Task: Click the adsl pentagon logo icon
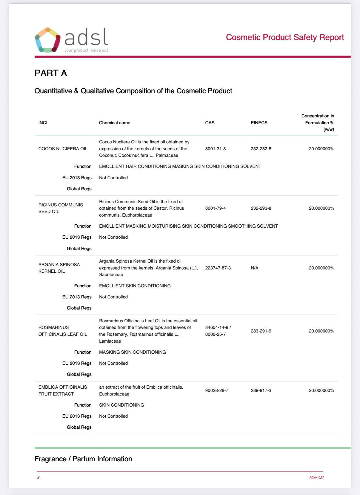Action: point(47,40)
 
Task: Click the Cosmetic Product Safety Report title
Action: point(285,37)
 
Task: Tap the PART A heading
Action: point(51,73)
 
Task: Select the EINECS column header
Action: point(259,123)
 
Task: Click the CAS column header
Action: point(210,123)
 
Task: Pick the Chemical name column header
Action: point(114,123)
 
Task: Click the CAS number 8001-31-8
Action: point(215,149)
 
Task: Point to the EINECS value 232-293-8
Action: point(261,208)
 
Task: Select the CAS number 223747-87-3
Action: point(218,268)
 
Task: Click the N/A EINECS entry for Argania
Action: point(254,268)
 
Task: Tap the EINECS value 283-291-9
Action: point(261,331)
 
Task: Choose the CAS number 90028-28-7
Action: point(216,390)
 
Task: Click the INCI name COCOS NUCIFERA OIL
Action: point(63,149)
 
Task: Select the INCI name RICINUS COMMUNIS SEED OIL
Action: point(61,208)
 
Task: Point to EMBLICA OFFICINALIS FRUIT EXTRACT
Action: point(63,390)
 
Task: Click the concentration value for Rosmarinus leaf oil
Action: point(321,331)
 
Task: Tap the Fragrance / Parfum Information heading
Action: point(83,459)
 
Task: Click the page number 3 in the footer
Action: point(38,477)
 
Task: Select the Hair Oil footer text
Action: point(316,477)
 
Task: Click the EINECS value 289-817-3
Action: point(261,390)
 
